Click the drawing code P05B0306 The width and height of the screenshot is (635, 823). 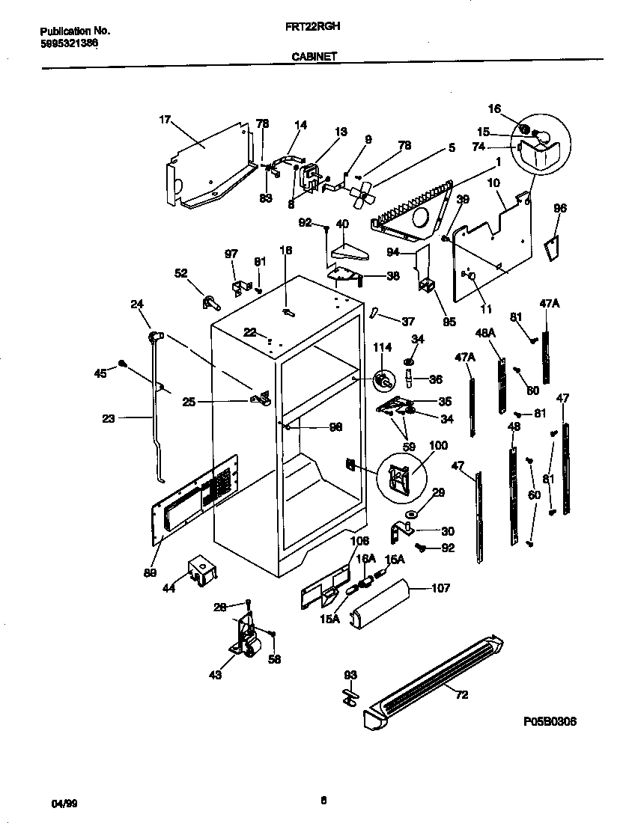click(550, 721)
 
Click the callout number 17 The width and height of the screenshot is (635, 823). click(166, 119)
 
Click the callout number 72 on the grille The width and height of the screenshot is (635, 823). click(461, 695)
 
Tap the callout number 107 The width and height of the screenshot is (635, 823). click(441, 588)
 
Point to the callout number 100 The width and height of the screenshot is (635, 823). click(438, 445)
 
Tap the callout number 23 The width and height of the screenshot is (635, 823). click(108, 419)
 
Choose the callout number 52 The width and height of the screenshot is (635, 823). click(181, 273)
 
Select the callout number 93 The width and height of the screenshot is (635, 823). click(350, 675)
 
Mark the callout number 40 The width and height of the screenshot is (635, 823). click(342, 224)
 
